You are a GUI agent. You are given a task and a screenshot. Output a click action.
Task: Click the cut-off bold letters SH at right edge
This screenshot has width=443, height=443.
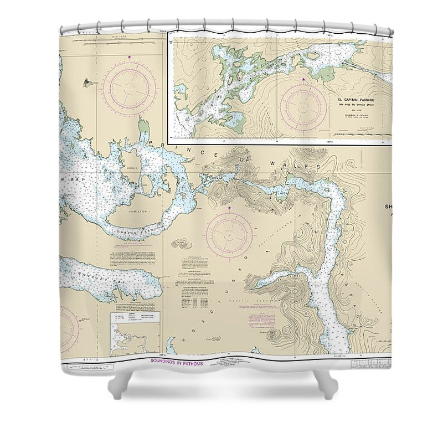pos(387,208)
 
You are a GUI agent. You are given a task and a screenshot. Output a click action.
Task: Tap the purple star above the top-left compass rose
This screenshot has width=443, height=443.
pos(129,57)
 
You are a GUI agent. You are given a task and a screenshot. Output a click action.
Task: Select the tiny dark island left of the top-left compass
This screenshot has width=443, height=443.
pos(86,83)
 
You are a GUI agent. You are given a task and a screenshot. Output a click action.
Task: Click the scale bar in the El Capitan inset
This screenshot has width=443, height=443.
pos(370,127)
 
